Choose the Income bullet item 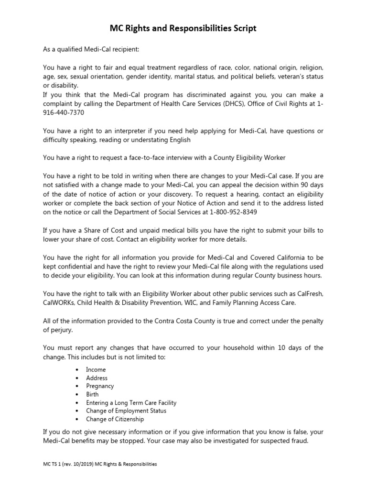pyautogui.click(x=96, y=369)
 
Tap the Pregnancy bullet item pyautogui.click(x=100, y=386)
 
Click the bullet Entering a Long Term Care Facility pyautogui.click(x=131, y=402)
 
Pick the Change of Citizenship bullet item pyautogui.click(x=115, y=419)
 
